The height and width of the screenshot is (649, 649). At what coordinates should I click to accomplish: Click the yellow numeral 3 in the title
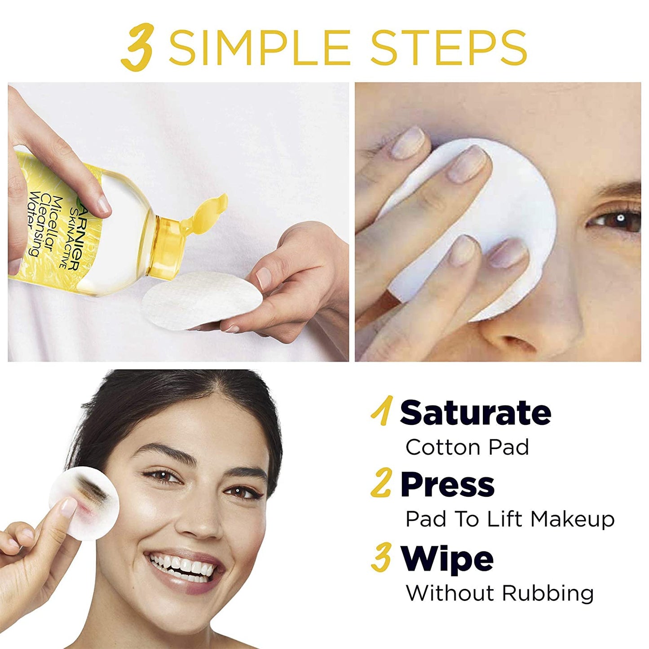pyautogui.click(x=139, y=47)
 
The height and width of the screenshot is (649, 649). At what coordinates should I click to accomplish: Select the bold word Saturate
pyautogui.click(x=475, y=412)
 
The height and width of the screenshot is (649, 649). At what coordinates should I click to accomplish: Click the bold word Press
pyautogui.click(x=447, y=485)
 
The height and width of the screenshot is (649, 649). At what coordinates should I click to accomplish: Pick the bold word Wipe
pyautogui.click(x=447, y=559)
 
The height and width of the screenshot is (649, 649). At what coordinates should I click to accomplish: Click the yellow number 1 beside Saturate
pyautogui.click(x=382, y=411)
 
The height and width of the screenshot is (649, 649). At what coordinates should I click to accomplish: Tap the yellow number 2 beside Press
pyautogui.click(x=382, y=483)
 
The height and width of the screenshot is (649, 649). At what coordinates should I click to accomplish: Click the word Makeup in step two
pyautogui.click(x=572, y=520)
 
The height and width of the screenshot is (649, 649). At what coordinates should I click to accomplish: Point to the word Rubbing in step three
pyautogui.click(x=547, y=593)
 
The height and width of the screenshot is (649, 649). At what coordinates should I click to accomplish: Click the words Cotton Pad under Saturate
pyautogui.click(x=467, y=447)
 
